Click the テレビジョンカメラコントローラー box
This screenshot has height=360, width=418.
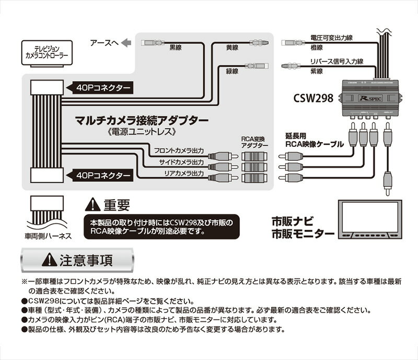point(47,51)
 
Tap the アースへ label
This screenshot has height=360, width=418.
point(104,44)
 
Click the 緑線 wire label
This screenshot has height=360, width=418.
point(233,71)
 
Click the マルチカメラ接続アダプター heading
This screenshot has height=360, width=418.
point(135,120)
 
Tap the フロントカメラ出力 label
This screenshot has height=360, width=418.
point(180,151)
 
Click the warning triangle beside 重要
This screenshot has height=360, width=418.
point(94,203)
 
